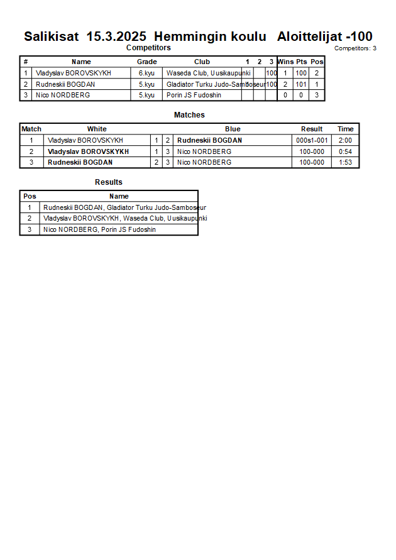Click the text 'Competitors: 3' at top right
tap(355, 48)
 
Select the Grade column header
tap(146, 62)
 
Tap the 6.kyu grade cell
tap(146, 73)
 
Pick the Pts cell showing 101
tap(301, 84)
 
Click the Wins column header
tap(285, 62)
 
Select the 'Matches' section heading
tap(189, 115)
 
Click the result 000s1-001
tap(311, 140)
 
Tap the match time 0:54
tap(345, 151)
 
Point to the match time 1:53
tap(345, 162)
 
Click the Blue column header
tap(233, 129)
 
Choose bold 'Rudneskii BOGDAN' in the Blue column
tap(209, 140)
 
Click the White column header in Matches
tap(97, 129)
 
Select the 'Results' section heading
tap(109, 182)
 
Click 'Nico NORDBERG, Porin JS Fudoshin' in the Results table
tap(99, 229)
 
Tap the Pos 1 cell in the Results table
tap(29, 207)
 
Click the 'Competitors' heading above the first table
tap(148, 48)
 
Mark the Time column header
tap(345, 129)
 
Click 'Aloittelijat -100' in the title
tap(324, 36)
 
